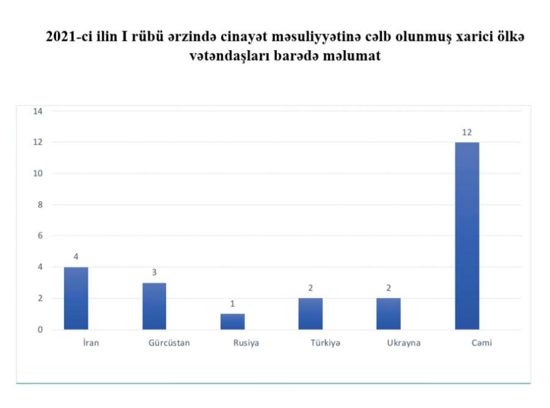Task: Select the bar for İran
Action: coord(76,298)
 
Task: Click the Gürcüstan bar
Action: coord(155,306)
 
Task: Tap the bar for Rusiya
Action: coord(233,321)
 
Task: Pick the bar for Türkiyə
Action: coord(310,314)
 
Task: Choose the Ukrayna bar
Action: coord(389,314)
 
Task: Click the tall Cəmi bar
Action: coord(468,236)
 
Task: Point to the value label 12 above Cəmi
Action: coord(467,133)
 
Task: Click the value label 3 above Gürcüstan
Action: coord(154,272)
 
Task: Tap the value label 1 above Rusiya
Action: coord(232,304)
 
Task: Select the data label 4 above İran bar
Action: coord(76,257)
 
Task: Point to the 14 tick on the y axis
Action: coord(38,111)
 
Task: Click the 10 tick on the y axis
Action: coord(38,173)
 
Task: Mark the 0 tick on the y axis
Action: coord(40,329)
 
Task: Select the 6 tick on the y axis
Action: coord(40,236)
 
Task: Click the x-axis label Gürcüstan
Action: coord(169,343)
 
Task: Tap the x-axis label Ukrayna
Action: coord(404,343)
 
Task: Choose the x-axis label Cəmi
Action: coord(482,343)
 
